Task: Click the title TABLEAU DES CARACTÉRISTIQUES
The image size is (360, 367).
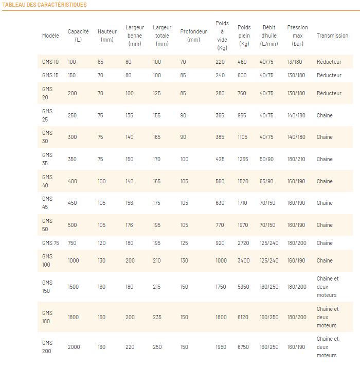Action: (45, 5)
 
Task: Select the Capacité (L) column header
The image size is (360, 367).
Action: (78, 36)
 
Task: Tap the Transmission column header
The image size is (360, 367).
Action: (332, 36)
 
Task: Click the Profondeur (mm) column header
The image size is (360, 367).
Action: (193, 36)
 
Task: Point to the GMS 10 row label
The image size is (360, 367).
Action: (50, 62)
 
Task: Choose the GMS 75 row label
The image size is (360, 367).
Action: (50, 243)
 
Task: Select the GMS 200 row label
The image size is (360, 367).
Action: (47, 347)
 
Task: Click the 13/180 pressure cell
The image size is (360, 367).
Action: (295, 62)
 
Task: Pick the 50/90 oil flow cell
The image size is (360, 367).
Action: (266, 159)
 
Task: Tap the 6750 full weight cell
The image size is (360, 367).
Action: (243, 347)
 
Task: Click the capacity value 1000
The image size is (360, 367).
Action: (74, 260)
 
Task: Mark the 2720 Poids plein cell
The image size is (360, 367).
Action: (243, 243)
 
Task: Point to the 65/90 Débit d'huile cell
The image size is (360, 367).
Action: (266, 181)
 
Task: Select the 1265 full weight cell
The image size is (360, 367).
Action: (243, 159)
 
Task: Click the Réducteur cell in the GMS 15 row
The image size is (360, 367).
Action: (329, 75)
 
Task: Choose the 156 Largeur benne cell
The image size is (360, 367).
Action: (130, 203)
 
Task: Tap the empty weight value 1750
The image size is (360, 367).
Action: (221, 287)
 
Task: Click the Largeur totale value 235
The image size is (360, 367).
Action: (157, 317)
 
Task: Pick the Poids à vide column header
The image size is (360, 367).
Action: (222, 36)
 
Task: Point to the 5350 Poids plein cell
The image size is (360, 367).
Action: (243, 287)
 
